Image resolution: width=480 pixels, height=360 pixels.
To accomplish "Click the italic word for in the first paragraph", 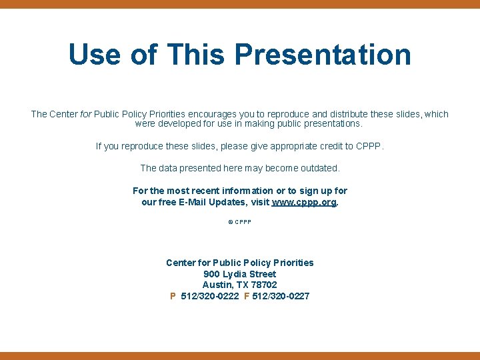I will [x=86, y=114].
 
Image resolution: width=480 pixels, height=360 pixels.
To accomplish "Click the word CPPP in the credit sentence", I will [x=370, y=146].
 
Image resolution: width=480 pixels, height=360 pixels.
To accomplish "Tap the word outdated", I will [x=318, y=168].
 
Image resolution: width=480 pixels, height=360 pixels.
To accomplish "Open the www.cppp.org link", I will [x=304, y=202].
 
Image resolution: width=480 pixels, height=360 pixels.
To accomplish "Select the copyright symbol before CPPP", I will [x=231, y=222].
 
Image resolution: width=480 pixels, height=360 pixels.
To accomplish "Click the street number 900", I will [x=211, y=274].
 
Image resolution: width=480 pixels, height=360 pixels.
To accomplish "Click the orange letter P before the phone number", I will [x=173, y=296].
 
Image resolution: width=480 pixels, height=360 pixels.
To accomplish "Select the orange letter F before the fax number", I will [x=247, y=296].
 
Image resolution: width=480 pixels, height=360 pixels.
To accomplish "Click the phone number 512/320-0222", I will [x=210, y=296].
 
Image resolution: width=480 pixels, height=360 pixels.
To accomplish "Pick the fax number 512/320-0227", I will [x=281, y=296].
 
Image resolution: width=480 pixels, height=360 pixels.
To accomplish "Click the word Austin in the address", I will [x=217, y=285].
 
